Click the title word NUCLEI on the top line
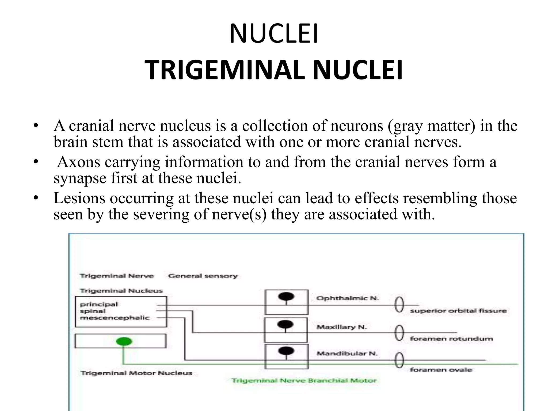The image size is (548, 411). [x=274, y=34]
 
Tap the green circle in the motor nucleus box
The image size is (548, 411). [x=124, y=341]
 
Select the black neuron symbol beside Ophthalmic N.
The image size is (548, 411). [x=286, y=296]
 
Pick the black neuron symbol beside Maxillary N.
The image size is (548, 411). [x=285, y=325]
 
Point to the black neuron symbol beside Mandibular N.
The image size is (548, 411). [x=286, y=351]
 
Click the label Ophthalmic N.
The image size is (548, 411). [x=348, y=298]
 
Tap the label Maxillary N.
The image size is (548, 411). [x=342, y=327]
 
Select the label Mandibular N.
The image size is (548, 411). [x=347, y=353]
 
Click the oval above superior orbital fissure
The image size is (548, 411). [x=399, y=305]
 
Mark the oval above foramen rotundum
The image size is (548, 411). [x=399, y=333]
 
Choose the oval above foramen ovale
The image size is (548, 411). [x=399, y=360]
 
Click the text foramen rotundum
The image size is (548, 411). [x=451, y=339]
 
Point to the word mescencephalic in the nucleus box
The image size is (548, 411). [x=115, y=318]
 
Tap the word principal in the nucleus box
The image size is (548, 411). [x=99, y=304]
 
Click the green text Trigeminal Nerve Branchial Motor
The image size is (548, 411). [x=304, y=380]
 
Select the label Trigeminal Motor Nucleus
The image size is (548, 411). [x=136, y=373]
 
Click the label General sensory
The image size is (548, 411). [x=203, y=276]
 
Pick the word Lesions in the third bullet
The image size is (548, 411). [x=79, y=198]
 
